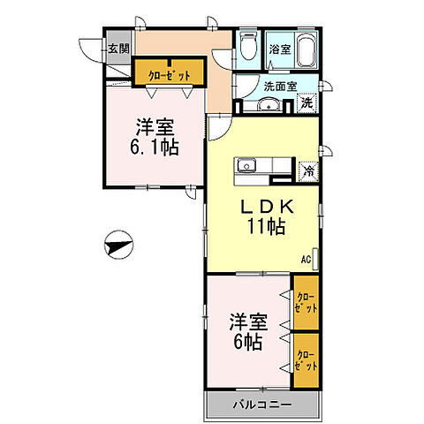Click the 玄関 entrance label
(x=117, y=49)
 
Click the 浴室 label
(x=280, y=49)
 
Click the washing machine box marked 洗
(x=306, y=103)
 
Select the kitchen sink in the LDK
(x=246, y=165)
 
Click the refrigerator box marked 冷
(x=309, y=170)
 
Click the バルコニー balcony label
(x=260, y=406)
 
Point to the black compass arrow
(x=117, y=243)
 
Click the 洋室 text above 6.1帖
(x=155, y=125)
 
